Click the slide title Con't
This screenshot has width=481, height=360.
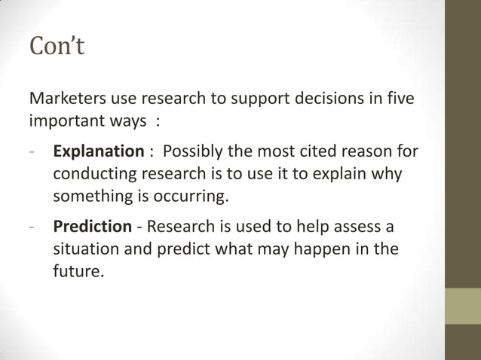pyautogui.click(x=57, y=46)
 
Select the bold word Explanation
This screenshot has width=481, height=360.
pyautogui.click(x=98, y=151)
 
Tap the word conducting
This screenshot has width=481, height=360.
pyautogui.click(x=93, y=174)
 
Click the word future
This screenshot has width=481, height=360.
pyautogui.click(x=78, y=271)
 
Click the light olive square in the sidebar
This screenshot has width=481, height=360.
pyautogui.click(x=462, y=306)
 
